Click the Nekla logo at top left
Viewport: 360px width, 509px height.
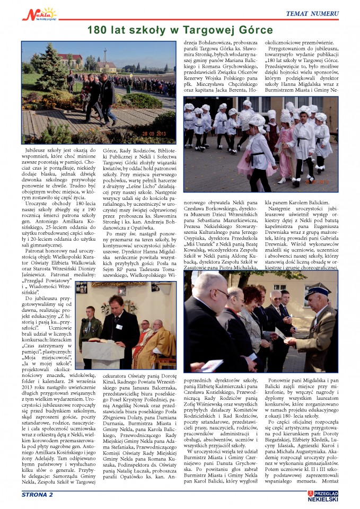coord(39,13)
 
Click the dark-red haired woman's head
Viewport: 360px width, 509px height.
coord(252,295)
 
